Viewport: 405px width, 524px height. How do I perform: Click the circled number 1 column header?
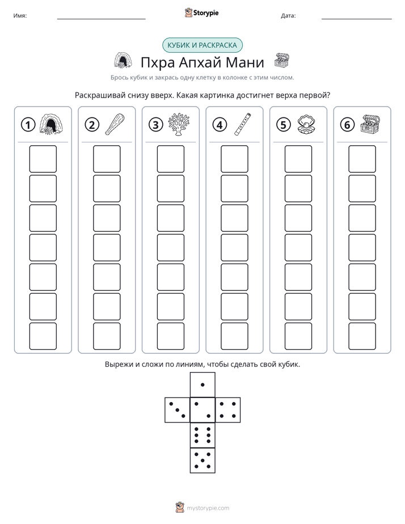[x=28, y=125]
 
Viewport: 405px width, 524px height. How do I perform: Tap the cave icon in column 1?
[x=51, y=124]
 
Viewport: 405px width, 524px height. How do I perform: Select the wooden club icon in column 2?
[x=115, y=124]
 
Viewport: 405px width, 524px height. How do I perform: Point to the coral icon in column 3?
[x=179, y=124]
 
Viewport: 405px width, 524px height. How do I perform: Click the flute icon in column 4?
[x=243, y=124]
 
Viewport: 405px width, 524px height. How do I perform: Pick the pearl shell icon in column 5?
[x=306, y=125]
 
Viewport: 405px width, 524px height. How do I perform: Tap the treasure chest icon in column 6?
[x=370, y=124]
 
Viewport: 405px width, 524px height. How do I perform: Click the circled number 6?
[x=347, y=125]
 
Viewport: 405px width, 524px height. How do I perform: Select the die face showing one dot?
[x=202, y=384]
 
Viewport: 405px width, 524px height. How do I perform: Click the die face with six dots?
[x=202, y=435]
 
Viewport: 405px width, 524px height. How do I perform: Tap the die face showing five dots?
[x=202, y=460]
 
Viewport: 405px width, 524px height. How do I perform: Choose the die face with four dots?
[x=228, y=410]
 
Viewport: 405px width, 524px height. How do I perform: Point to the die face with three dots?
[x=177, y=410]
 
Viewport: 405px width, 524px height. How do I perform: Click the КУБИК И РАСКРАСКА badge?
[x=202, y=45]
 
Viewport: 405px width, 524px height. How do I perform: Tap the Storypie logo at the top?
[x=201, y=12]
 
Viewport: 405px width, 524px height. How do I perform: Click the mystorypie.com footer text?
[x=208, y=508]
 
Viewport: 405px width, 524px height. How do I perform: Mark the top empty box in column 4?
[x=235, y=159]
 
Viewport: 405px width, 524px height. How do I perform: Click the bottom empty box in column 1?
[x=43, y=336]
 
